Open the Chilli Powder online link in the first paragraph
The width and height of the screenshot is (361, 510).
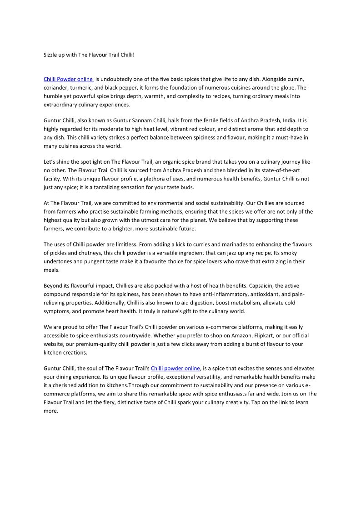68,79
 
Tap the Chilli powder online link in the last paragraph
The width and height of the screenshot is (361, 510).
175,368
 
